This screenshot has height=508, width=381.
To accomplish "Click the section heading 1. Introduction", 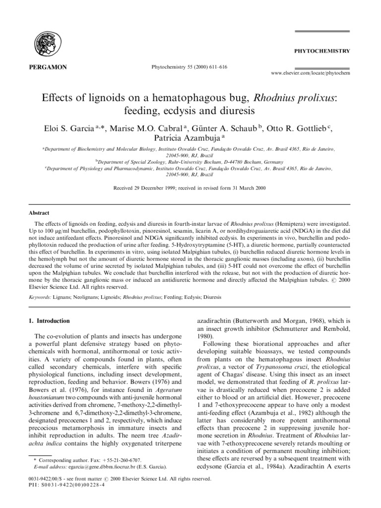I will pyautogui.click(x=49, y=321).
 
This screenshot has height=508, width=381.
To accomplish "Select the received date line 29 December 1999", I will pyautogui.click(x=190, y=189).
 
